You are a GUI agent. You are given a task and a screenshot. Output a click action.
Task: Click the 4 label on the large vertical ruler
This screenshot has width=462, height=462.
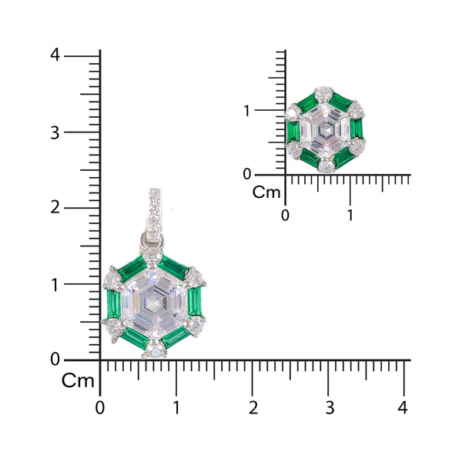pyautogui.click(x=55, y=55)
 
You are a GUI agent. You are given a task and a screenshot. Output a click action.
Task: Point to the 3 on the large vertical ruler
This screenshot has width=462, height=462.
pyautogui.click(x=55, y=132)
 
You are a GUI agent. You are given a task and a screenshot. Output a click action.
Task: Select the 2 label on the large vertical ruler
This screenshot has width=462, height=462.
pyautogui.click(x=55, y=208)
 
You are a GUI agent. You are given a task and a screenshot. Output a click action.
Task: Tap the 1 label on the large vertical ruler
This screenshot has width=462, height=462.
pyautogui.click(x=55, y=284)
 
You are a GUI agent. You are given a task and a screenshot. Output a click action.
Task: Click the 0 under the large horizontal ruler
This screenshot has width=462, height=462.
pyautogui.click(x=99, y=406)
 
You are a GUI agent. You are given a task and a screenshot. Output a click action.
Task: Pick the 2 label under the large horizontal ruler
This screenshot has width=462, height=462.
pyautogui.click(x=253, y=406)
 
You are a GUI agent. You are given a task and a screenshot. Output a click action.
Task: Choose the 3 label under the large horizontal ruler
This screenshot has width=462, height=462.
pyautogui.click(x=329, y=406)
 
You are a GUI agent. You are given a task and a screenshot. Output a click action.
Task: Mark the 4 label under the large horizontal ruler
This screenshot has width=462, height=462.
pyautogui.click(x=403, y=406)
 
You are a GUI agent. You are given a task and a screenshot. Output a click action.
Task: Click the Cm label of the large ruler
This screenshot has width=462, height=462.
pyautogui.click(x=78, y=380)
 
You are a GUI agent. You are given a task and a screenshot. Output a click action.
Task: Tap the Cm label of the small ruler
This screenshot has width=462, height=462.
pyautogui.click(x=267, y=192)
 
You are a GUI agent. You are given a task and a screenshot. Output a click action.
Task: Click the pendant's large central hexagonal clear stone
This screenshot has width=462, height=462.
pyautogui.click(x=154, y=302)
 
